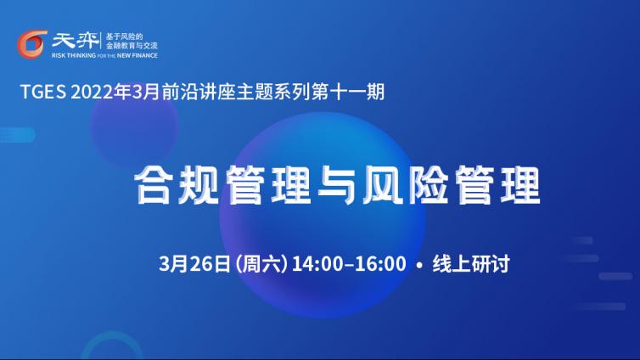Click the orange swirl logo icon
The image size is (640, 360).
click(32, 44)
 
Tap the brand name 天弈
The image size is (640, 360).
click(75, 40)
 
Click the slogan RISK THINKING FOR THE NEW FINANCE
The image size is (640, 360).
click(104, 55)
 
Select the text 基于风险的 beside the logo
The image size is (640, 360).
click(124, 37)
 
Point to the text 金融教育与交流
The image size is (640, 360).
click(132, 46)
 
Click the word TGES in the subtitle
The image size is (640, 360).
click(42, 92)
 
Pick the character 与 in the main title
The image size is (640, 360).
click(336, 185)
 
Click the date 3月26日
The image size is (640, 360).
click(194, 263)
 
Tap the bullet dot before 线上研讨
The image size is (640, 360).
click(419, 265)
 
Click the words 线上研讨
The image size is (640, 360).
click(471, 264)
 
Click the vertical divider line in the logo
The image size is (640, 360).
click(101, 41)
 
